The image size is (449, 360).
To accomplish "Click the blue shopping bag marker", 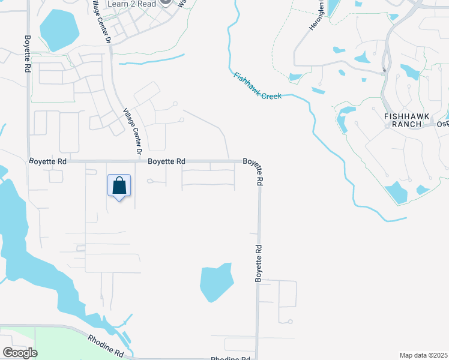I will [x=119, y=186].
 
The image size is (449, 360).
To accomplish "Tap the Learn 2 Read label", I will [x=131, y=4].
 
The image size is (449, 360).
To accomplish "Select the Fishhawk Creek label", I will [x=258, y=86].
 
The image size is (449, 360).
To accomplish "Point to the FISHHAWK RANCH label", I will [x=406, y=118].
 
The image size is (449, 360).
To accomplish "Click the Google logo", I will [x=20, y=352].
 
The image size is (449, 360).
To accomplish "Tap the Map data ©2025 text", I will [x=423, y=355].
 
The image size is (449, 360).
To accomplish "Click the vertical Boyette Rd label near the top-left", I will [x=26, y=54].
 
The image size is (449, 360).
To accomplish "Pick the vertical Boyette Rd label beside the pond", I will [x=259, y=263].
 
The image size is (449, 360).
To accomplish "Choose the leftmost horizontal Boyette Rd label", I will [x=47, y=161].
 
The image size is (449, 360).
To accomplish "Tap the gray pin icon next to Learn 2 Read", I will [x=166, y=3].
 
